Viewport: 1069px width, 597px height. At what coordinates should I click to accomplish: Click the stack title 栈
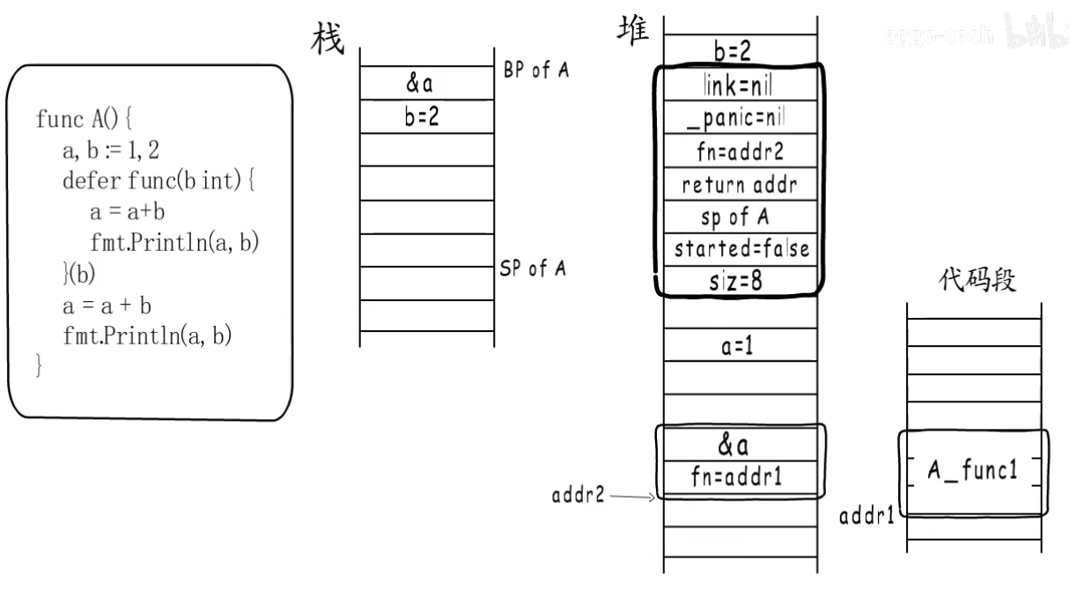tap(328, 39)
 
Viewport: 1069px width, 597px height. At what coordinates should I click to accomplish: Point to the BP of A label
tap(536, 70)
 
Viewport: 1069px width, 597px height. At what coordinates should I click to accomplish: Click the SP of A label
tap(533, 269)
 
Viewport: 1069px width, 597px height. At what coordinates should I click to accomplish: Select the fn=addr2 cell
tap(741, 151)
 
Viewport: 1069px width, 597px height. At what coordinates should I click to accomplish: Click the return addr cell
tap(741, 185)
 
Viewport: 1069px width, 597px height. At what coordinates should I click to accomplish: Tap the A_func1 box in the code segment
tap(972, 471)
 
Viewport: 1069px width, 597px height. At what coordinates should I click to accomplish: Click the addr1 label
tap(866, 516)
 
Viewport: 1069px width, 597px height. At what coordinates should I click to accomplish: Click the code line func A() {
tap(84, 119)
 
